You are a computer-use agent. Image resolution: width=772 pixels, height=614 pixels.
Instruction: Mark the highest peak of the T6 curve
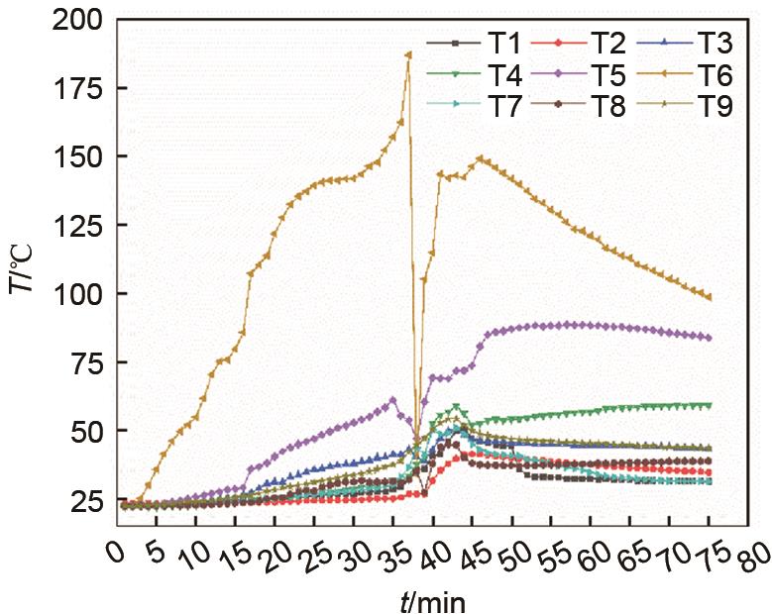tap(408, 54)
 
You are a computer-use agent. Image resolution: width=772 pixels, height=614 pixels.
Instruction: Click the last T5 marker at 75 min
tap(709, 338)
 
